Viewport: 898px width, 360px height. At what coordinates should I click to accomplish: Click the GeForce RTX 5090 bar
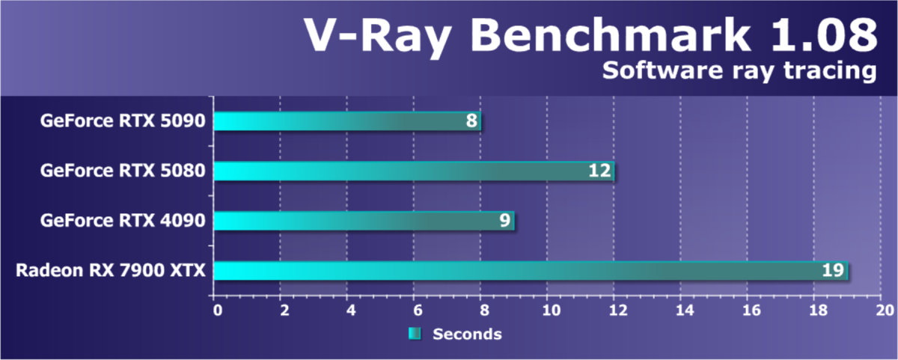pos(347,121)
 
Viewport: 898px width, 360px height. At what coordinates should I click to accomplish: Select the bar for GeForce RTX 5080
pos(414,171)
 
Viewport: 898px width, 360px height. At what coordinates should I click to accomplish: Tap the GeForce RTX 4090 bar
pos(364,221)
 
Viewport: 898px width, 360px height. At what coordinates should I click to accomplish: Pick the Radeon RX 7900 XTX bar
pos(531,270)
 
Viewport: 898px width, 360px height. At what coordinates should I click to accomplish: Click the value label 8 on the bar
pos(471,121)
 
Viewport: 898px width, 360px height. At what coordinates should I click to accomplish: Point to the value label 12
pos(600,171)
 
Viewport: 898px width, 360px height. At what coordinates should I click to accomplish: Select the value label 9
pos(505,221)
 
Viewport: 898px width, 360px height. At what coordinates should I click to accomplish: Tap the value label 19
pos(833,270)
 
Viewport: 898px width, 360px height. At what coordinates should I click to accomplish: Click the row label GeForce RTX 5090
pos(123,121)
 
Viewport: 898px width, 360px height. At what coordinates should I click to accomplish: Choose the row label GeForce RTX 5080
pos(123,171)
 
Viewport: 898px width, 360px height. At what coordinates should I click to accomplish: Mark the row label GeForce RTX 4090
pos(123,221)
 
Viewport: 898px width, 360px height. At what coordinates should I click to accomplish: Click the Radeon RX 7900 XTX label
pos(110,270)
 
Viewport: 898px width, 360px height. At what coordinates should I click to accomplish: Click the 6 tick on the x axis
pos(415,308)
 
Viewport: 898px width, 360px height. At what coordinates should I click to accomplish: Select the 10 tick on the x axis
pos(549,308)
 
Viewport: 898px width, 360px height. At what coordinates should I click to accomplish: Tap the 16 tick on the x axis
pos(749,308)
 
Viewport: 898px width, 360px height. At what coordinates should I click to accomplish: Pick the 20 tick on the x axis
pos(883,308)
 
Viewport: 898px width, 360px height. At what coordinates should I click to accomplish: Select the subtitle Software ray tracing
pos(739,71)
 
